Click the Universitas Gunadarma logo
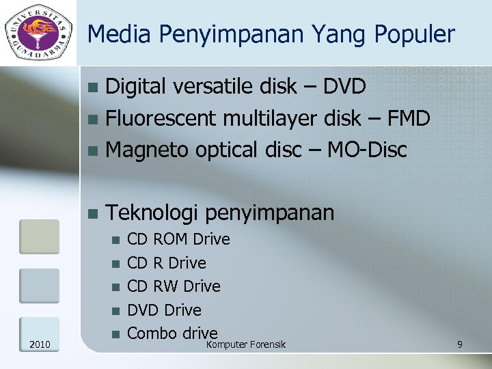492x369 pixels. click(x=38, y=31)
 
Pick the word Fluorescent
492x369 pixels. click(x=161, y=118)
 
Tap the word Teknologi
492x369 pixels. click(x=153, y=213)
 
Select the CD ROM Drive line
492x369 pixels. click(x=179, y=239)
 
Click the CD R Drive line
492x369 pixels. click(x=167, y=263)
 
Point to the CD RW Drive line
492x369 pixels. click(x=174, y=286)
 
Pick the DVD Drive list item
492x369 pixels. click(x=165, y=310)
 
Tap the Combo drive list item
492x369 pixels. click(x=172, y=333)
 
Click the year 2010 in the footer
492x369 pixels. click(x=39, y=344)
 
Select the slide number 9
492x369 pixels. click(x=460, y=344)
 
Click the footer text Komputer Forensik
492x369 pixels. click(x=246, y=344)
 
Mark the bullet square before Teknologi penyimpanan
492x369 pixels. click(x=93, y=213)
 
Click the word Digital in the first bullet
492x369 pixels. click(x=136, y=87)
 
